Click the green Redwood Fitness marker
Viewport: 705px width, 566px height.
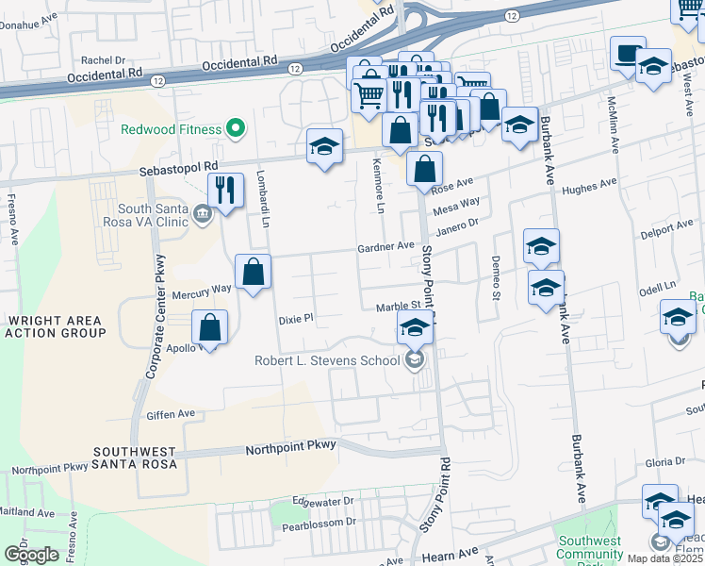coord(237,128)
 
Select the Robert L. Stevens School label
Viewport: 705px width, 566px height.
coord(328,359)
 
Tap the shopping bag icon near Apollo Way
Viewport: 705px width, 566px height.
coord(209,328)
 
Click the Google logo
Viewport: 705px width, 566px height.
coord(31,555)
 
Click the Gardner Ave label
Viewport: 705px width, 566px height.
coord(385,246)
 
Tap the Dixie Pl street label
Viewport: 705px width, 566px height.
coord(295,319)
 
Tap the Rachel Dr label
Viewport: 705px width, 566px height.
coord(104,59)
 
